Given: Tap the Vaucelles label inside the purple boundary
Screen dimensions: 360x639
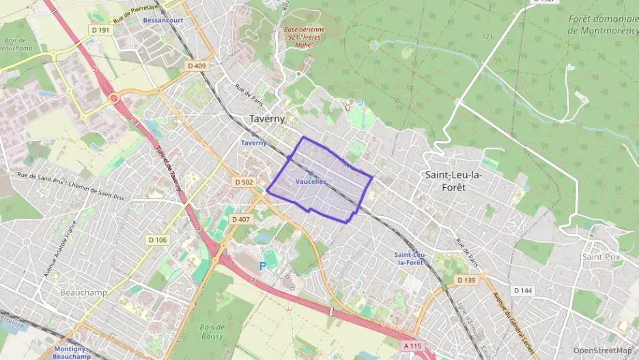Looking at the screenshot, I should pos(311,181).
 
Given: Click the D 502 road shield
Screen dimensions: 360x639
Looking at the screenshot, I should pos(244,182).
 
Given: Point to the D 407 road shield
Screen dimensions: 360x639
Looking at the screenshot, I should pos(240,219).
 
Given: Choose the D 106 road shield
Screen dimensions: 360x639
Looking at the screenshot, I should pos(157,240).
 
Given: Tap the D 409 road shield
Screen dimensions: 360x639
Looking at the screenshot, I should pos(196,66).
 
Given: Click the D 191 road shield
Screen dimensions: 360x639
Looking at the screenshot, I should pos(99,31).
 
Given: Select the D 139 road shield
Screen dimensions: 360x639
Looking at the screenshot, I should pos(466,280).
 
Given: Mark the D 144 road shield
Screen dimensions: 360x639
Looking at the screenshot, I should pos(522,290).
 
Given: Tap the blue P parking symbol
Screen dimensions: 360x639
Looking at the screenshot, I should pos(262,266).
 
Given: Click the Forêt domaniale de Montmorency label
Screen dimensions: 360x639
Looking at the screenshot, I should pos(603,24).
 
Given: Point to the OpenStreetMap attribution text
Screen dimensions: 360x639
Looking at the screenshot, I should pos(602,350).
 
